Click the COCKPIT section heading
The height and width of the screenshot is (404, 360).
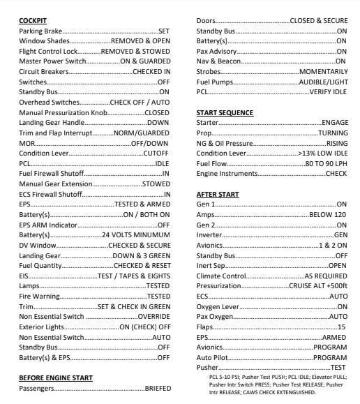pos(32,21)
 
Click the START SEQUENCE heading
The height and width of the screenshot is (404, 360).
pos(225,112)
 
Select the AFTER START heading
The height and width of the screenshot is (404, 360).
pos(218,194)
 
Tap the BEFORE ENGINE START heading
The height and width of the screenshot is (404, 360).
pos(55,377)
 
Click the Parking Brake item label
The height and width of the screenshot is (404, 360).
pos(41,31)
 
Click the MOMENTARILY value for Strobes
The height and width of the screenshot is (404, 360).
pos(322,72)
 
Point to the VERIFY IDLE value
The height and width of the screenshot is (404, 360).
pos(328,92)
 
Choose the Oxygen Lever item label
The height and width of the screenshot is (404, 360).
pos(218,306)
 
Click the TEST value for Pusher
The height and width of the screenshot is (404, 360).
pos(338,367)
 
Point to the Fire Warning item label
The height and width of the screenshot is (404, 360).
pos(39,295)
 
